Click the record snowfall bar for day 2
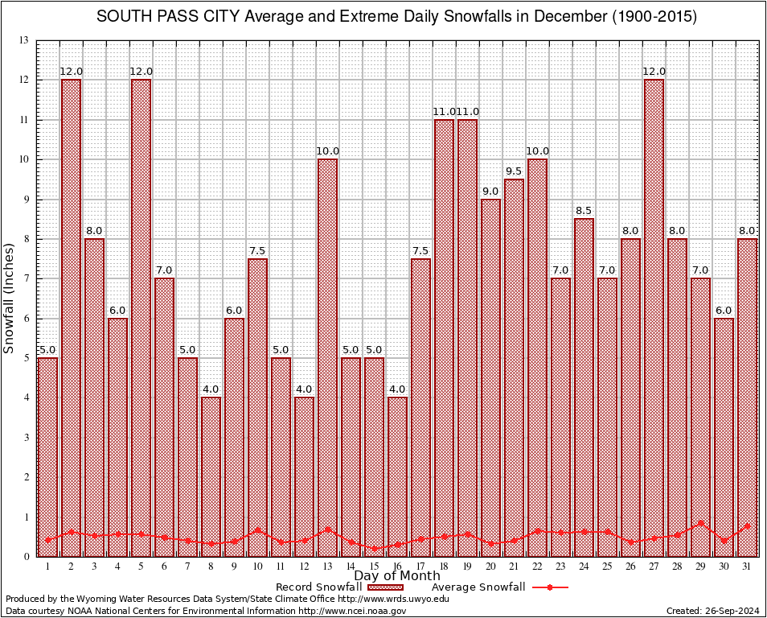click(x=71, y=318)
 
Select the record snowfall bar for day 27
click(x=654, y=318)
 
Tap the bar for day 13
click(x=327, y=357)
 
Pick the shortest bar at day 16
click(x=397, y=476)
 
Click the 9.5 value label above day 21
click(x=514, y=171)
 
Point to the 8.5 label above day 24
click(x=584, y=211)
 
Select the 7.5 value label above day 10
click(x=257, y=250)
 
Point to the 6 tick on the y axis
click(x=26, y=319)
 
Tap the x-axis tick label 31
click(x=747, y=567)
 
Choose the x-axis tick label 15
click(x=374, y=567)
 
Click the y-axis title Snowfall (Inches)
click(x=9, y=299)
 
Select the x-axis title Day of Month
click(x=396, y=576)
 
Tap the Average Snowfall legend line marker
click(x=550, y=587)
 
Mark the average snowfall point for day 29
click(x=700, y=522)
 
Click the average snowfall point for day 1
click(x=47, y=540)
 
